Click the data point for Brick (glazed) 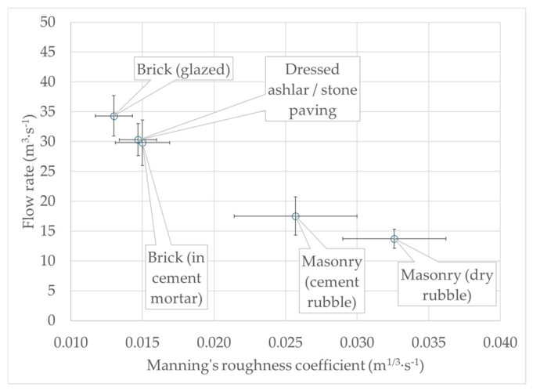113,116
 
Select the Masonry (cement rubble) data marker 296,216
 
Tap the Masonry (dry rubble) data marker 394,239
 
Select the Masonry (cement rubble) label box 332,281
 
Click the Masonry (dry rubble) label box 447,284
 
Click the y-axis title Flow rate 29,171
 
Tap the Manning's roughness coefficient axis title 285,366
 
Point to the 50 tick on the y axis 48,22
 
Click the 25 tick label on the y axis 48,171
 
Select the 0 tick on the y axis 52,320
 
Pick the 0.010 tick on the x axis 70,342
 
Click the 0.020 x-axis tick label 214,342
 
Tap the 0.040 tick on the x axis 500,342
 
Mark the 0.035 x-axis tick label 429,342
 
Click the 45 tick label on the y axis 48,52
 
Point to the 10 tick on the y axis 48,261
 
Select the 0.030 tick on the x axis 357,342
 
